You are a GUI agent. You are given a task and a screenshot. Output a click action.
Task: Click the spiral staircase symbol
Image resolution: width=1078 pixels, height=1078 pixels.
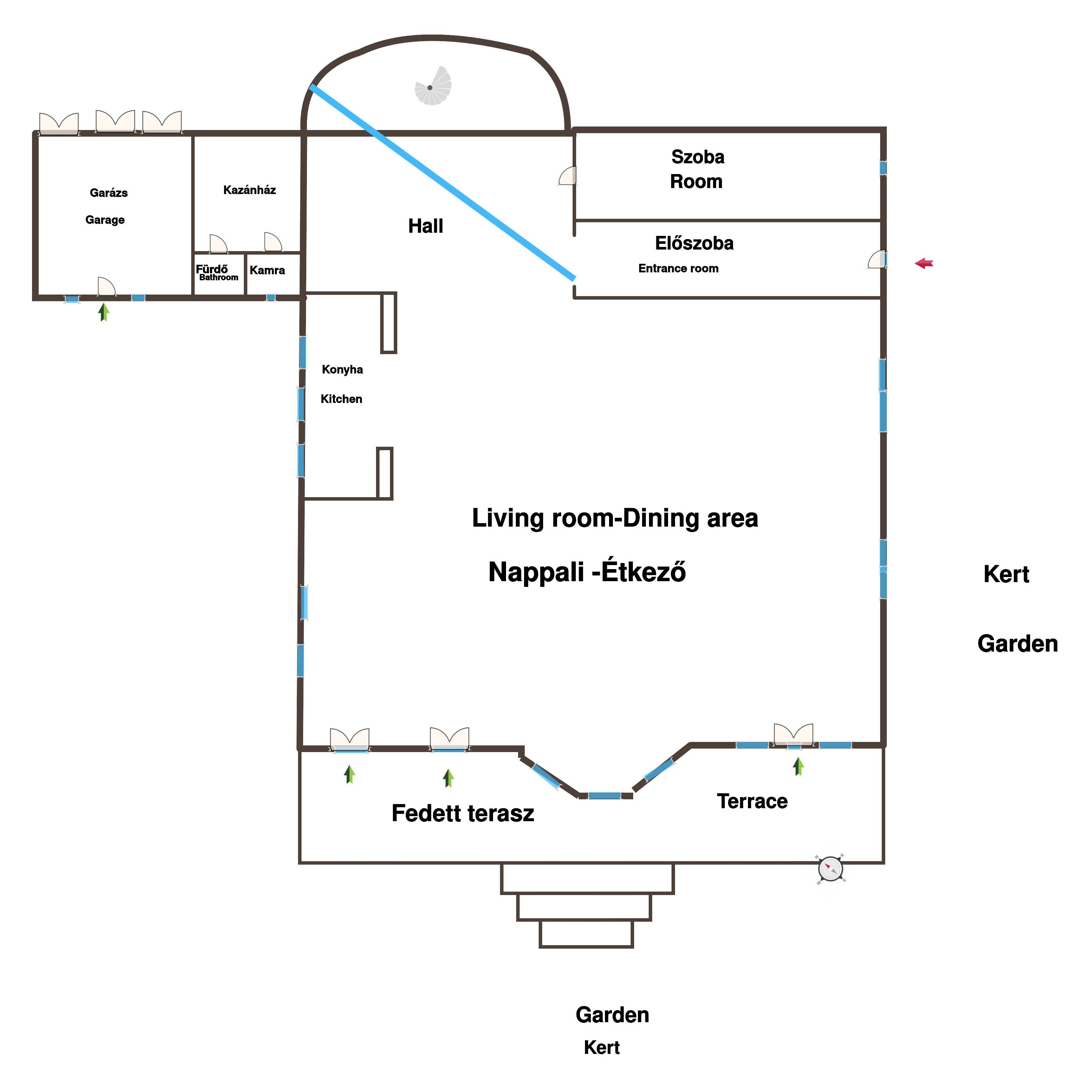coord(433,86)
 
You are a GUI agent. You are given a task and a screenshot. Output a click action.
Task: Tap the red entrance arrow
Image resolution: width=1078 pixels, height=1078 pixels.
coord(924,263)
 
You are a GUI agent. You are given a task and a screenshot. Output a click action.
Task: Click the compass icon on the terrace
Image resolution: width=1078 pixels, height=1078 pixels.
coord(831,869)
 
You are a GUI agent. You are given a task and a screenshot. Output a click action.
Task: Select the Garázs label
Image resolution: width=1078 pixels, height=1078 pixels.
coord(109,193)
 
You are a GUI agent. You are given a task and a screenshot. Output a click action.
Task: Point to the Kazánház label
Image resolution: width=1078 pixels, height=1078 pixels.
coord(250,190)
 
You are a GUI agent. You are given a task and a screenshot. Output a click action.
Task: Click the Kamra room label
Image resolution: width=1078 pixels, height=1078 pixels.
coord(267,271)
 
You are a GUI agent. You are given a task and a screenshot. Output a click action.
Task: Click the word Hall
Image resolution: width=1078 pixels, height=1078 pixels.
coord(426,226)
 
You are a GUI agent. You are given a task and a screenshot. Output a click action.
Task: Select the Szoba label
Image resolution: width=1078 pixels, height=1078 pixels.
coord(698,157)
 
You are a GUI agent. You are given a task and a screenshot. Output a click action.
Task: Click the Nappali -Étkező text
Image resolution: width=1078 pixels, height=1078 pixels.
coord(587,572)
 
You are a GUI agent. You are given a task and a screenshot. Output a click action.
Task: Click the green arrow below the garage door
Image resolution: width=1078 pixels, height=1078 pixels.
coord(104,312)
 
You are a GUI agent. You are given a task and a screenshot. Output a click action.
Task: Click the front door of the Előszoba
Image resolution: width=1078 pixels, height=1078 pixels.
coord(877,259)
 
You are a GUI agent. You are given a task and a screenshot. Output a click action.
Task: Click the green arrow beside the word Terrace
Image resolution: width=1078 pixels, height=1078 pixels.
coord(798,766)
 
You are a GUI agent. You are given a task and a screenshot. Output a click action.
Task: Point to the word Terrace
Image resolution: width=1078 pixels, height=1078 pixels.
coord(752,801)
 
